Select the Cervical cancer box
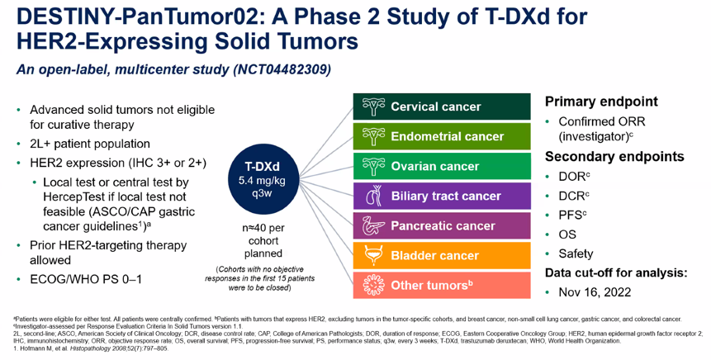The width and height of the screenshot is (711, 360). pyautogui.click(x=442, y=107)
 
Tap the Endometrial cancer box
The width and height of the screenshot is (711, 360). pyautogui.click(x=442, y=136)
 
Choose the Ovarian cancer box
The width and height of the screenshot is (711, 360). pyautogui.click(x=442, y=166)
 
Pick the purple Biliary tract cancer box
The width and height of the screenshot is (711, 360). pyautogui.click(x=442, y=196)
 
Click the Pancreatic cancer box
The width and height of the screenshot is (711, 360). pyautogui.click(x=442, y=225)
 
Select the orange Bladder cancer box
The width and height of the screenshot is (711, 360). pyautogui.click(x=442, y=255)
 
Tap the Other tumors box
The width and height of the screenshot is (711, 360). pyautogui.click(x=442, y=285)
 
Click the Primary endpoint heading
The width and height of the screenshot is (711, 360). pyautogui.click(x=601, y=102)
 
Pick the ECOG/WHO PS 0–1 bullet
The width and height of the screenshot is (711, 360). pyautogui.click(x=86, y=278)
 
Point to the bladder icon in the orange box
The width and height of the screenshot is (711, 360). pyautogui.click(x=373, y=255)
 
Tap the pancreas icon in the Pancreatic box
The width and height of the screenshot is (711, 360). pyautogui.click(x=373, y=225)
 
